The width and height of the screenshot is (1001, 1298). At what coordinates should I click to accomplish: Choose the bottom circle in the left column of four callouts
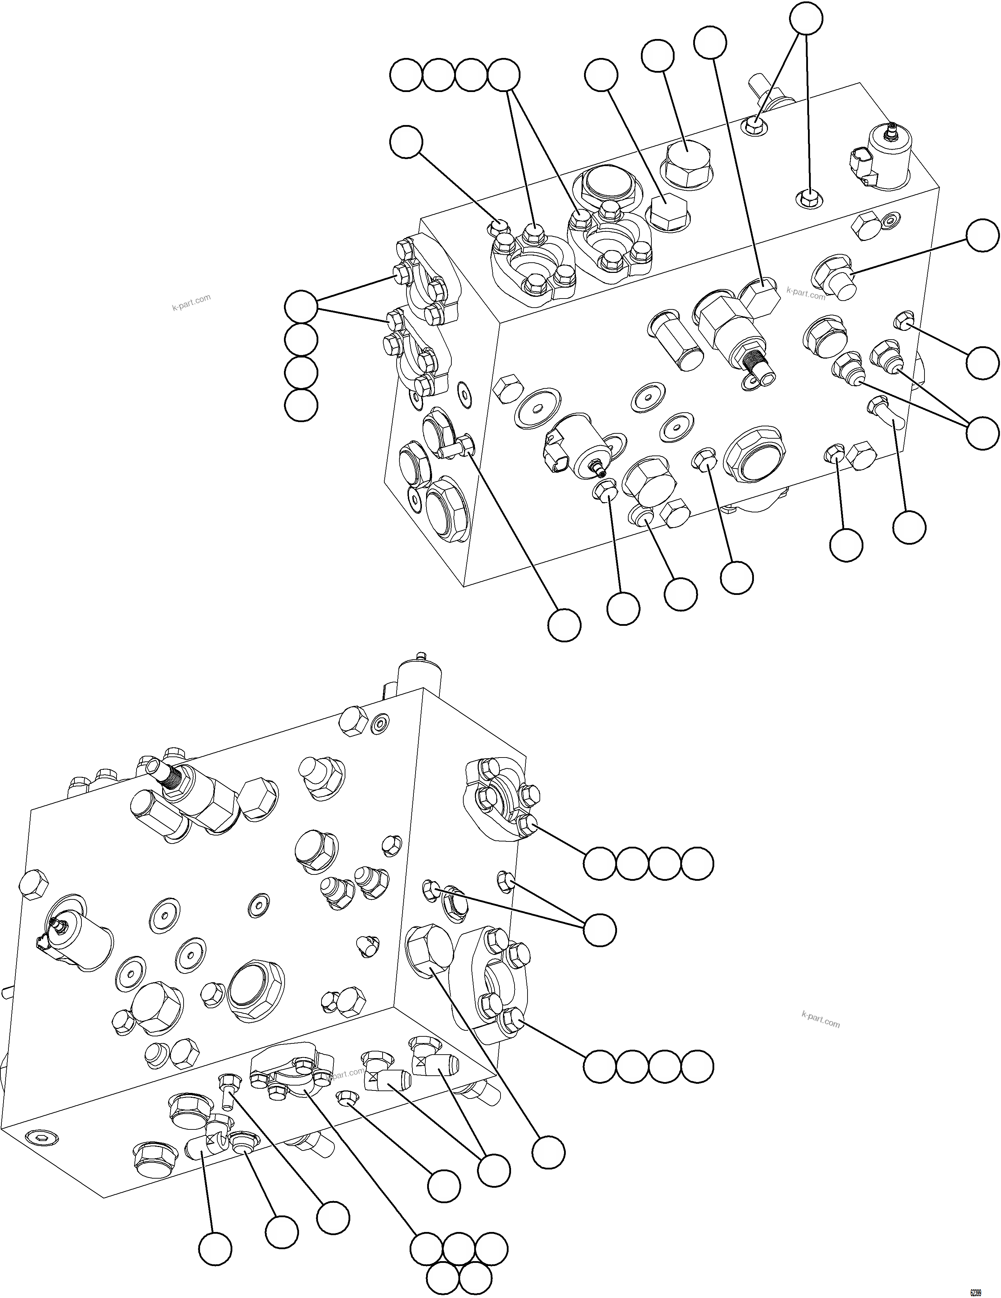(301, 406)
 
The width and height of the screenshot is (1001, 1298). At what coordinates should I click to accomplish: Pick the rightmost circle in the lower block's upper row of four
(697, 864)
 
